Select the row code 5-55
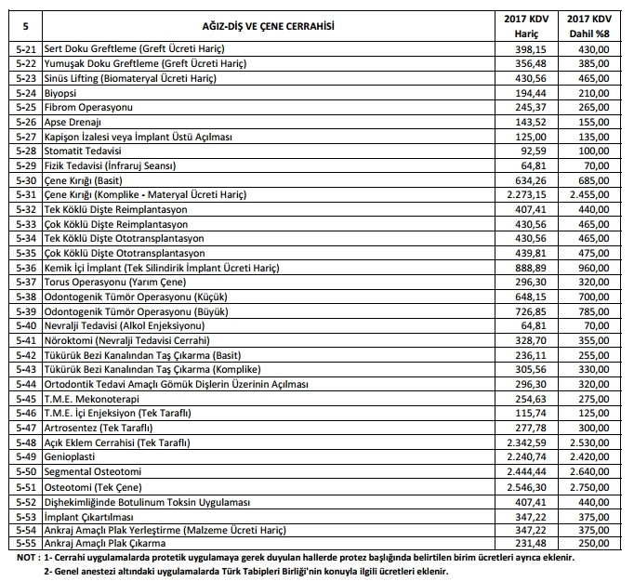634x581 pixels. (26, 542)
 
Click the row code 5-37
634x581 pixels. (26, 282)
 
